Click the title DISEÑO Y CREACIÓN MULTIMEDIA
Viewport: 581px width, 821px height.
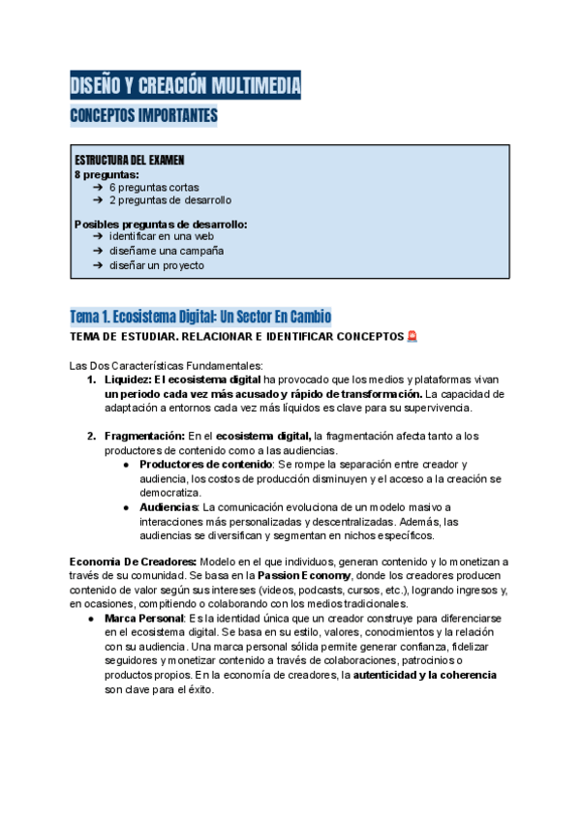point(185,86)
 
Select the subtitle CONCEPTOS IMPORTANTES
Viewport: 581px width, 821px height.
point(143,117)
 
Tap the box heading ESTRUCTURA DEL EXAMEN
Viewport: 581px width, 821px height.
point(130,160)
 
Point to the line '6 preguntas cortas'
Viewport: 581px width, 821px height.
point(156,187)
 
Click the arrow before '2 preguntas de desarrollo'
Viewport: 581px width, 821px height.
point(99,200)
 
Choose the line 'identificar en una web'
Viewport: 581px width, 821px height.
point(162,236)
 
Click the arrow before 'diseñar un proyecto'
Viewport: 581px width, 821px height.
point(99,265)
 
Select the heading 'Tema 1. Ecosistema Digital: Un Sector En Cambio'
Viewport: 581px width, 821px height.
point(200,317)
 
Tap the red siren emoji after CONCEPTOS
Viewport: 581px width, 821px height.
point(412,337)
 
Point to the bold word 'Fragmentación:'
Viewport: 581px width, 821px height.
point(144,436)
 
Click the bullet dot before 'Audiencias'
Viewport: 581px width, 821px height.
point(129,507)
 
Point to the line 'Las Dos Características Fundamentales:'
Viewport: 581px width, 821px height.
point(167,366)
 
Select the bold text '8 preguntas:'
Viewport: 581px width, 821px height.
point(107,174)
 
